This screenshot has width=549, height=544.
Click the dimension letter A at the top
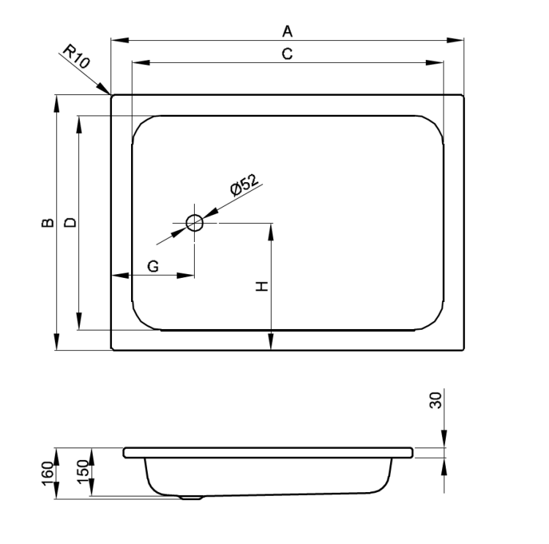(x=287, y=31)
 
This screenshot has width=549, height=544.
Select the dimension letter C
(x=287, y=54)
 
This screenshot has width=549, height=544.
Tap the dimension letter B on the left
(x=48, y=223)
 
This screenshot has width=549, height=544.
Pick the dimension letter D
(x=70, y=222)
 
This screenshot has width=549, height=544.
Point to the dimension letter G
(x=153, y=267)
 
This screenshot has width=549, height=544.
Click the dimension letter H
(x=262, y=286)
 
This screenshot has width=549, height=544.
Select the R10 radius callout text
(x=76, y=56)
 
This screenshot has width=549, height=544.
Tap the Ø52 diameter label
(x=244, y=184)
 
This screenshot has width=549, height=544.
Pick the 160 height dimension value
(x=48, y=473)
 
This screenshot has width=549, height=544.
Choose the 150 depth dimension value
(x=83, y=472)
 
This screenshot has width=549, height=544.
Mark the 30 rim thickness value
(x=436, y=400)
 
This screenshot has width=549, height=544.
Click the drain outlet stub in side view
(x=191, y=497)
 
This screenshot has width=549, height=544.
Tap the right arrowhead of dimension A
(x=455, y=40)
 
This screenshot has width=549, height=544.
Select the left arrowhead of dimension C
(x=141, y=63)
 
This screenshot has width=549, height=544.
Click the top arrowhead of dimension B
(x=56, y=104)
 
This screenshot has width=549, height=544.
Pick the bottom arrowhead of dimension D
(x=79, y=321)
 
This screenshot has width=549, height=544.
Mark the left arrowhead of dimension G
(x=120, y=276)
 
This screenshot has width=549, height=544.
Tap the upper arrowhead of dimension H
(x=271, y=232)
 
